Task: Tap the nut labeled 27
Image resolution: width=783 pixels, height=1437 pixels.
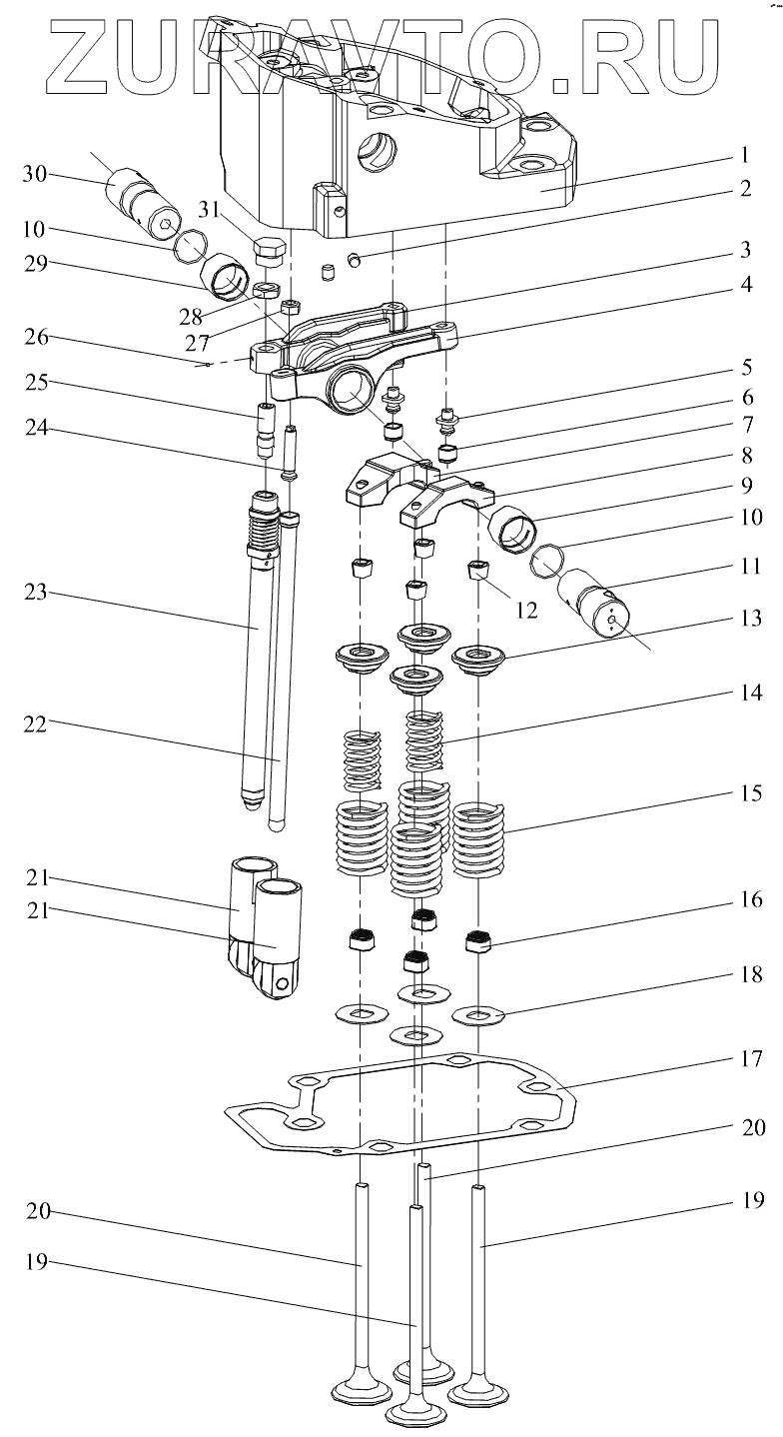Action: click(x=291, y=306)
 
